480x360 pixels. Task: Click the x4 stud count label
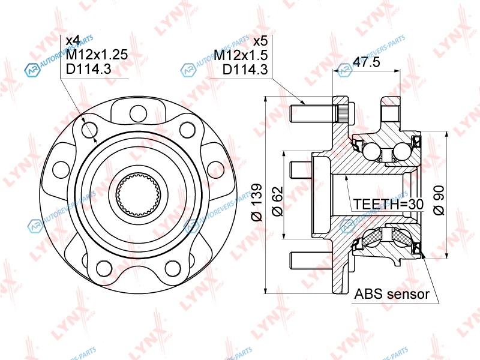tap(73, 41)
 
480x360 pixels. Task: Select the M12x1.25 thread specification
tap(97, 55)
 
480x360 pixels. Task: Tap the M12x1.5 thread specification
tap(241, 55)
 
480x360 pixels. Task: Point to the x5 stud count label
tap(261, 41)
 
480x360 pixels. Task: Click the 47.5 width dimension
tap(367, 62)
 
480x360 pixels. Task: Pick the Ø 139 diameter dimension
tap(257, 202)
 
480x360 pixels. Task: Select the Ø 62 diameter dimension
tap(277, 202)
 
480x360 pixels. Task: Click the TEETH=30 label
tap(388, 204)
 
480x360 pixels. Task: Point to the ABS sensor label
tap(392, 294)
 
